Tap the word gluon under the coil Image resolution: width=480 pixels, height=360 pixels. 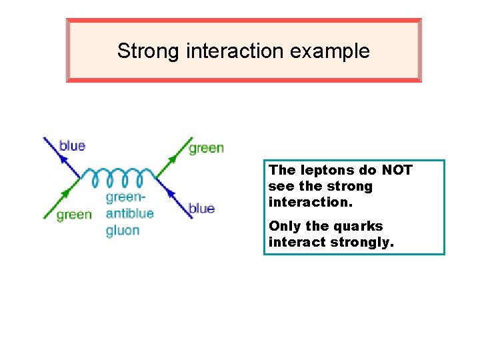click(123, 231)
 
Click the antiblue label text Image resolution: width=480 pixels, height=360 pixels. click(129, 214)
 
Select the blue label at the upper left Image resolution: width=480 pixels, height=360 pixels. click(73, 145)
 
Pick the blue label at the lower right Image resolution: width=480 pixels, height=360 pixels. click(201, 209)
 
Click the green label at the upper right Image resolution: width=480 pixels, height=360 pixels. click(206, 148)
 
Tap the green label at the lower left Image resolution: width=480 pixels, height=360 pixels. click(74, 215)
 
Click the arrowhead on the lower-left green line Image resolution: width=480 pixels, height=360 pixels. click(67, 193)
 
